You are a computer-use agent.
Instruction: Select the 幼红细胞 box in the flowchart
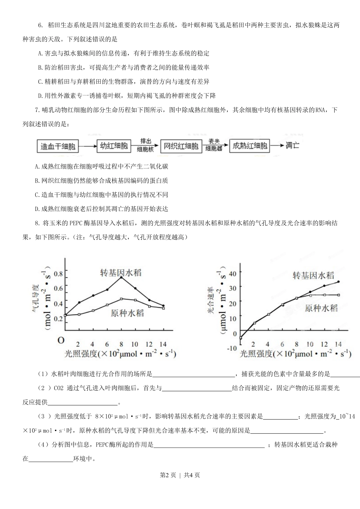114,146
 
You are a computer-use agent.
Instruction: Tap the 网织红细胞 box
181,146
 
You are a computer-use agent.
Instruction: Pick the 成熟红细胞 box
250,146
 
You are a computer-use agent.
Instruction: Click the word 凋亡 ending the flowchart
292,145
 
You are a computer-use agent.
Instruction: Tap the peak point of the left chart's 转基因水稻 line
121,278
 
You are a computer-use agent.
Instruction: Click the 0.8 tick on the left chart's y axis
58,274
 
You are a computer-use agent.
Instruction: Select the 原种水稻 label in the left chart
127,313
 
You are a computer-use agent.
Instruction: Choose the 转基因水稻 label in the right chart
313,275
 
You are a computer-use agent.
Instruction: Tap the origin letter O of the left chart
61,340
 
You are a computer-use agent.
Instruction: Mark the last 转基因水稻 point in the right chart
338,282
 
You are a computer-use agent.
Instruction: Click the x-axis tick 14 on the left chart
163,344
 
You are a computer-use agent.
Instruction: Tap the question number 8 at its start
36,223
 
